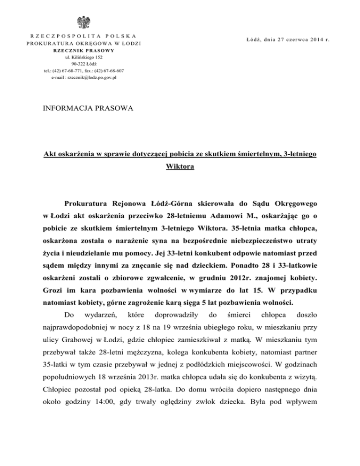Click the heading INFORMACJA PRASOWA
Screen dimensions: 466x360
click(x=88, y=109)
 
